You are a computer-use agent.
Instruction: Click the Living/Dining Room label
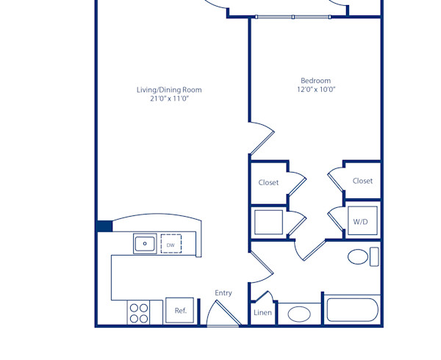169,90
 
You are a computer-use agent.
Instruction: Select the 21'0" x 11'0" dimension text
169,98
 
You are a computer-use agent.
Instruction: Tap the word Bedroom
315,81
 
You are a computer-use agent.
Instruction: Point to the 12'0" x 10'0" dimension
315,90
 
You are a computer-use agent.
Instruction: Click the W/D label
360,221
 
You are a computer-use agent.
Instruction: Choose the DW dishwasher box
171,244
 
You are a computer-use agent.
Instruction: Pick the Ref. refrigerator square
180,310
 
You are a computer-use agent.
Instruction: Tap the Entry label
223,292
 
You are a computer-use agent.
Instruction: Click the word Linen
262,313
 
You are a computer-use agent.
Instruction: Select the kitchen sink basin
145,243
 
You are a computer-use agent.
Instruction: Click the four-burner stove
138,313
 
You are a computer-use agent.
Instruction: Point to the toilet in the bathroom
358,256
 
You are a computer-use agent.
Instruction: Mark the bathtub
352,309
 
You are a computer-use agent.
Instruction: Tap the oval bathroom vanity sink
299,314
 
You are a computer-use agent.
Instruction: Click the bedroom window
293,17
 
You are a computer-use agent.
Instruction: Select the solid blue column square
104,226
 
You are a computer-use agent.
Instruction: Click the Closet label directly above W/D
362,181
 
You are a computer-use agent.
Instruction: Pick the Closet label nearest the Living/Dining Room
268,182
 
